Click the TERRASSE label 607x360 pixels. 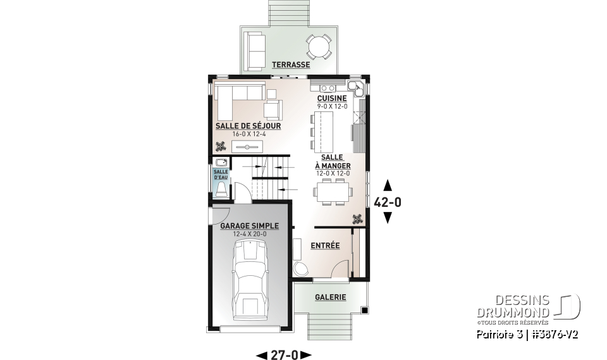tap(291, 65)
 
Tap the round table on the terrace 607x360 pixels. tap(318, 46)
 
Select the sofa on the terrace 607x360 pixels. tap(255, 49)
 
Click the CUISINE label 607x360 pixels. tap(332, 99)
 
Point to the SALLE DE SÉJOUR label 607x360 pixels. tap(248, 126)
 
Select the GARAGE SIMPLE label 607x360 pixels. tap(249, 226)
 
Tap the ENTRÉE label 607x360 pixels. tap(325, 245)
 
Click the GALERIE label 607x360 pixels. tap(331, 297)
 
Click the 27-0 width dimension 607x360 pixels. tap(284, 355)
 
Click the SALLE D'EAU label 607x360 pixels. tap(221, 174)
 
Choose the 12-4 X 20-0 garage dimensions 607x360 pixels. tap(249, 234)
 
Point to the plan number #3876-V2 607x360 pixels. tap(555, 333)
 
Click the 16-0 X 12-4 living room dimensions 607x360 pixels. tap(248, 134)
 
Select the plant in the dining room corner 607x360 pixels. tap(358, 219)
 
